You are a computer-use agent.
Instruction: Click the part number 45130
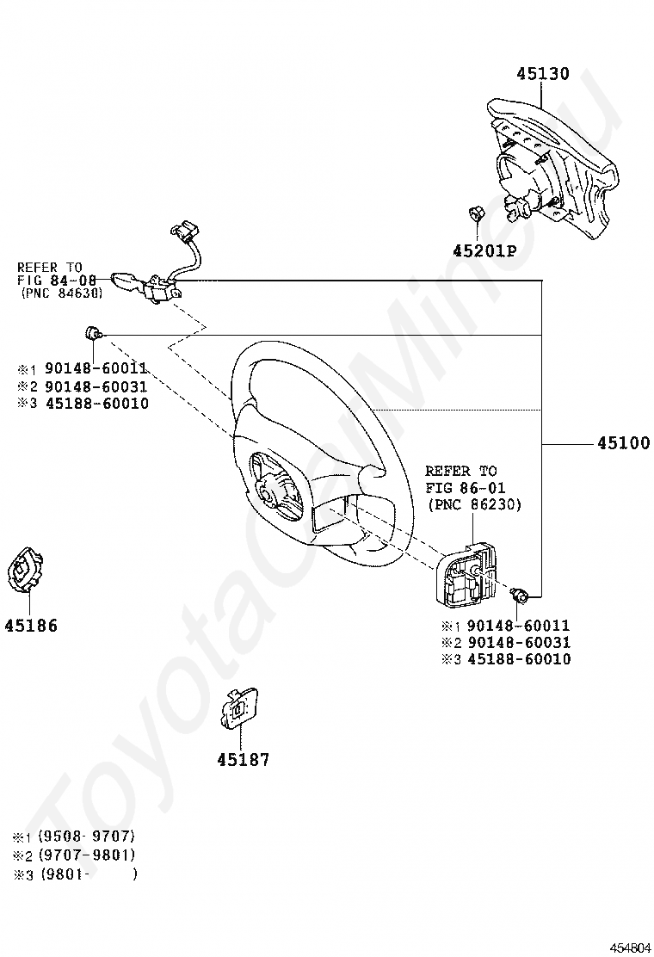click(x=543, y=73)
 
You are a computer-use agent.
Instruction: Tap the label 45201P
click(x=484, y=250)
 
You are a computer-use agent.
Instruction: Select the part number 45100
click(x=624, y=443)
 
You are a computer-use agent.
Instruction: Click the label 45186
click(x=31, y=626)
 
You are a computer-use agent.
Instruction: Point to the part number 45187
click(x=244, y=760)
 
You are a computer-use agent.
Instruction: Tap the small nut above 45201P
click(x=475, y=214)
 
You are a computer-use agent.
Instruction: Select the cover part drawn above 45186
click(x=26, y=570)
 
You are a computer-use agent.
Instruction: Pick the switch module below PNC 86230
click(x=467, y=575)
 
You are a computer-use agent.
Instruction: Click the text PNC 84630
click(x=61, y=293)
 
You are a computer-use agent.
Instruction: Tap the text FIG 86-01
click(x=466, y=488)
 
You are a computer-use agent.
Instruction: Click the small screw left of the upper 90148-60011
click(x=93, y=333)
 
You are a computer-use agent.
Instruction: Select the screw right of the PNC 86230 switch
click(x=520, y=594)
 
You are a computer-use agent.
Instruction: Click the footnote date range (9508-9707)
click(x=86, y=837)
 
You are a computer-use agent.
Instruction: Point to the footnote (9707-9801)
click(x=86, y=855)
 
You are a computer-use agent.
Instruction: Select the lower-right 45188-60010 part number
click(x=519, y=659)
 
